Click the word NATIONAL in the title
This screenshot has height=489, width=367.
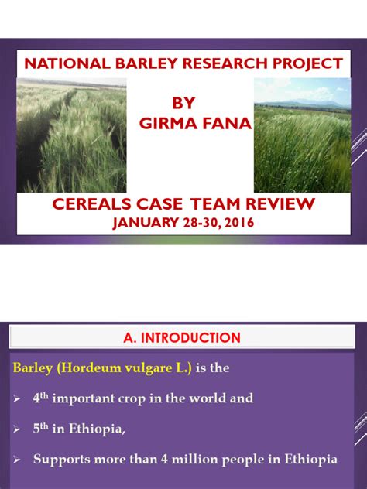point(65,63)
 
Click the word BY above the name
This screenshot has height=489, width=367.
point(183,104)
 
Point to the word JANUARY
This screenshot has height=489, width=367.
point(144,224)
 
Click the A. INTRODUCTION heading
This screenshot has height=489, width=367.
point(182,337)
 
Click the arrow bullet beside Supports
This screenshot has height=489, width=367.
point(15,460)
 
